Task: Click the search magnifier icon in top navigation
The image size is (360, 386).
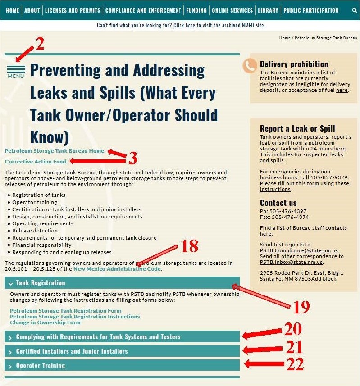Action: (x=354, y=10)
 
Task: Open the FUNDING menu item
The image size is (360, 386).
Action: (x=196, y=10)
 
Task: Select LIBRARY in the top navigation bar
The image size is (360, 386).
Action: (x=268, y=10)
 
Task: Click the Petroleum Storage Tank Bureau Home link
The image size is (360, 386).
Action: (x=54, y=151)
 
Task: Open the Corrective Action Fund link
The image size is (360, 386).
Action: (x=35, y=162)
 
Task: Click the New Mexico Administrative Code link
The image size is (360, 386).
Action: (x=117, y=269)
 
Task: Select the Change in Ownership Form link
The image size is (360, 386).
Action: (x=45, y=322)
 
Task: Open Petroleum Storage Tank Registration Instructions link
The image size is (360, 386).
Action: (x=75, y=317)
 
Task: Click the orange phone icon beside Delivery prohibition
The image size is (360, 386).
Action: (x=250, y=66)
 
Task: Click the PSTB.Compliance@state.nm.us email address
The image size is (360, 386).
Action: (x=299, y=250)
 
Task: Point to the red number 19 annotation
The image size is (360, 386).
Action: (x=301, y=308)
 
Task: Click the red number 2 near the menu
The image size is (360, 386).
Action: (x=40, y=44)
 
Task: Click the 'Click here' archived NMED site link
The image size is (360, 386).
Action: (x=184, y=26)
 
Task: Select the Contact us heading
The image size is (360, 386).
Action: (x=278, y=203)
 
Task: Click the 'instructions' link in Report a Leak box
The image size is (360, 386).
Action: (x=275, y=189)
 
